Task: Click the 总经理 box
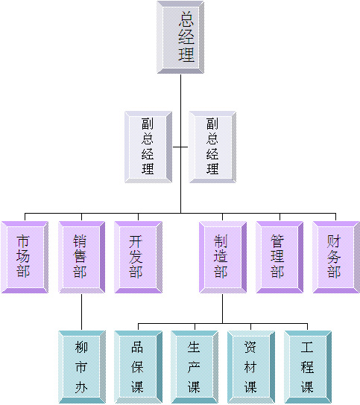click(180, 37)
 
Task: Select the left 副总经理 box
click(148, 147)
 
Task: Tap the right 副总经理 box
click(212, 147)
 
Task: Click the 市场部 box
click(25, 257)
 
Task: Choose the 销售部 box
click(81, 257)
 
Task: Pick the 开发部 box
click(138, 257)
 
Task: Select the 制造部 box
click(222, 257)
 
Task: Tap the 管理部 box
click(280, 257)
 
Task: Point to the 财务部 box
click(336, 257)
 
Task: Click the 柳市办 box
click(82, 367)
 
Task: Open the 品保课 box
click(138, 367)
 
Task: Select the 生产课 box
click(195, 367)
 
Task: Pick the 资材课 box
click(251, 367)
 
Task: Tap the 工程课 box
click(308, 367)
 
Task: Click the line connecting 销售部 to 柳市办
click(81, 312)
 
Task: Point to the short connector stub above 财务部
click(335, 217)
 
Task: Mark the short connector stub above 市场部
click(25, 217)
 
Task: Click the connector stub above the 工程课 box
click(308, 327)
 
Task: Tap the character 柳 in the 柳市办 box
click(81, 347)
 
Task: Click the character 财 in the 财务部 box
click(334, 241)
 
